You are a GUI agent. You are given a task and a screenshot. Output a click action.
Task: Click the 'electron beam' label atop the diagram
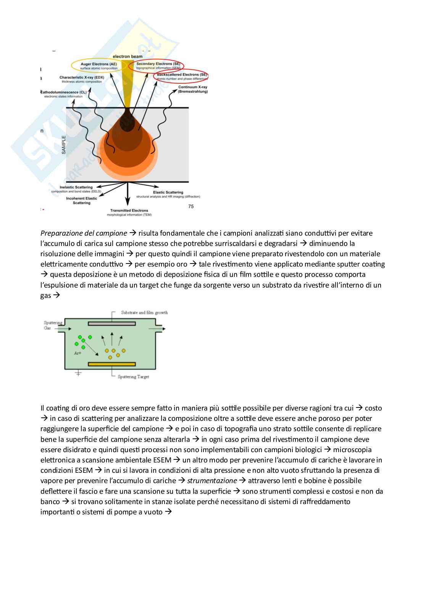[x=127, y=57]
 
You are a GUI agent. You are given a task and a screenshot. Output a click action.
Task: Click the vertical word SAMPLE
[x=64, y=145]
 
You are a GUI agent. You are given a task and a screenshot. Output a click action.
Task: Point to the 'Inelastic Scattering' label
[x=76, y=187]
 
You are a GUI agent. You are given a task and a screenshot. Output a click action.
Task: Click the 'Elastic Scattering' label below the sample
[x=168, y=192]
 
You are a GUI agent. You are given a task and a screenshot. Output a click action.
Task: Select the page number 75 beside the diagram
[x=191, y=207]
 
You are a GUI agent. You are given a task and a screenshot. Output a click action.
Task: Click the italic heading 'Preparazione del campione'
[x=84, y=233]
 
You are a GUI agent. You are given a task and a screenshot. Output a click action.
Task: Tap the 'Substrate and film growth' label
[x=144, y=312]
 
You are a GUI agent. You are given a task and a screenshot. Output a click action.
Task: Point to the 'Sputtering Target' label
[x=133, y=377]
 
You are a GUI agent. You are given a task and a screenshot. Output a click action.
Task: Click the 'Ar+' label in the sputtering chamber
[x=77, y=353]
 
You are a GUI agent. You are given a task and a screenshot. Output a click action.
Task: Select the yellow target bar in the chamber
[x=112, y=364]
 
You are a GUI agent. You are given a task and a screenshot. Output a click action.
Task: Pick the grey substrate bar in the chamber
[x=112, y=323]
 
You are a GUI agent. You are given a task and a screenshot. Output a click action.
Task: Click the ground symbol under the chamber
[x=78, y=373]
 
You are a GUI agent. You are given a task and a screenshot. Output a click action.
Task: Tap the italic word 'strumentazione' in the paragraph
[x=212, y=481]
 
